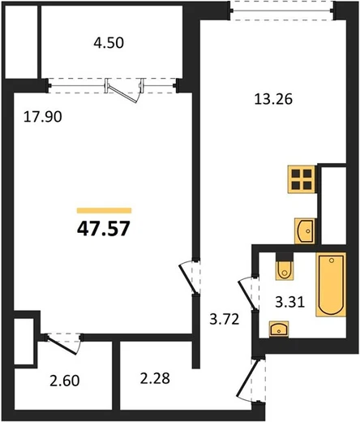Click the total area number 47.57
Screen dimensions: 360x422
104,229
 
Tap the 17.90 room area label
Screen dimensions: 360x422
43,117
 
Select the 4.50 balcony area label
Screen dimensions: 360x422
109,43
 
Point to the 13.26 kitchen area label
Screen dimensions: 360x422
273,99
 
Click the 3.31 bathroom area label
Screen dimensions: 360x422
290,302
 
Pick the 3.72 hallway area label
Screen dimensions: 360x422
225,319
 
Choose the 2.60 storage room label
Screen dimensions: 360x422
65,381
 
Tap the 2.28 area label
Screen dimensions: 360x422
155,378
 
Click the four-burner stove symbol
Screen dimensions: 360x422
302,179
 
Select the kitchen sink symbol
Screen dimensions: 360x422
305,230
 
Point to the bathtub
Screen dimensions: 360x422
331,284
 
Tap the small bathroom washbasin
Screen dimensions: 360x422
279,329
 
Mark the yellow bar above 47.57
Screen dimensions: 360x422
104,210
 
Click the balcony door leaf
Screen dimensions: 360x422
122,93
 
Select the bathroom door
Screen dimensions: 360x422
247,295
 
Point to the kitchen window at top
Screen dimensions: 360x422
282,11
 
